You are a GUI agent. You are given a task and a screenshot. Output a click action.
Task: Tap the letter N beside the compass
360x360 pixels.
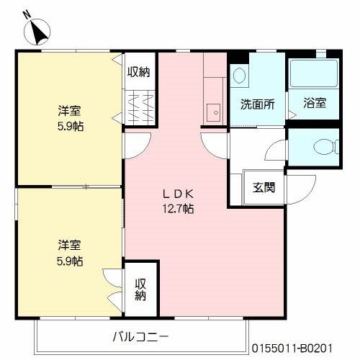[27, 14]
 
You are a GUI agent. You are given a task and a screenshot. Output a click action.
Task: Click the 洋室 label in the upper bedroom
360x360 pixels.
[70, 112]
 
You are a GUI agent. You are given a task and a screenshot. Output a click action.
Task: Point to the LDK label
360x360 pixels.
[177, 193]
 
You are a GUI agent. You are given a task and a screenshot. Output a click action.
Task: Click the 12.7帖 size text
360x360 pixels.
[177, 209]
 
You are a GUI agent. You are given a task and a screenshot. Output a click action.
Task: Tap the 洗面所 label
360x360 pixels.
[257, 103]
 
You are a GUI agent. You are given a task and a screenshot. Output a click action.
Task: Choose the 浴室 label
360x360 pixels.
[315, 103]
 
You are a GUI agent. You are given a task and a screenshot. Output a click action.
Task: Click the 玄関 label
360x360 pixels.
[263, 188]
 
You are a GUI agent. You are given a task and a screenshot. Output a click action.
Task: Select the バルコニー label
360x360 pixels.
[140, 336]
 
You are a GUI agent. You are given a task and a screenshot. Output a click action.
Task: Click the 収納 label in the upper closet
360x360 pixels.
[139, 71]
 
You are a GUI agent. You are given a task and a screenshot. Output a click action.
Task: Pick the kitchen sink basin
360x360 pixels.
[212, 112]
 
